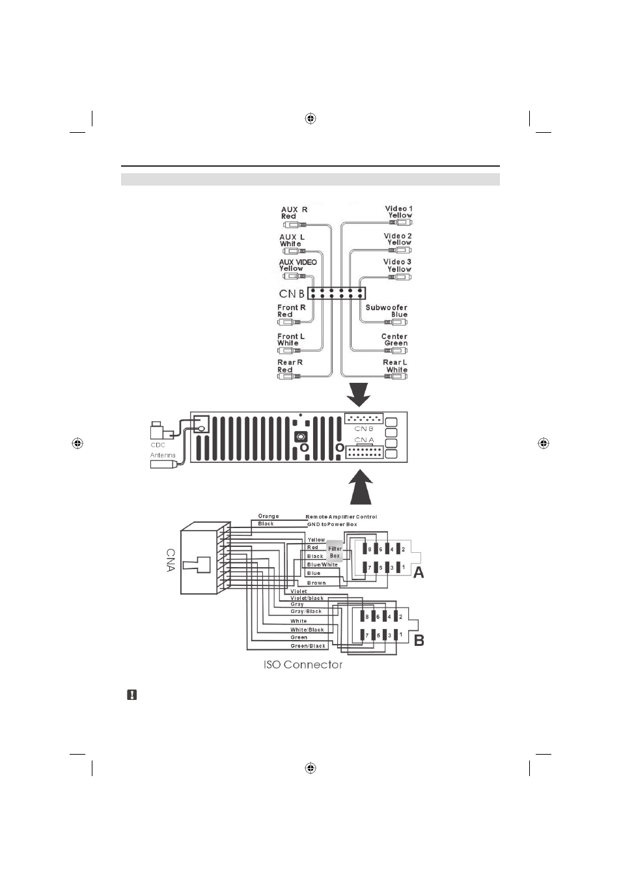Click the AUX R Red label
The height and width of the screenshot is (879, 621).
pyautogui.click(x=294, y=213)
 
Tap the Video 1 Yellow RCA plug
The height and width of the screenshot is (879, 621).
pyautogui.click(x=400, y=223)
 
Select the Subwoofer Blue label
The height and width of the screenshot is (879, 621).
pyautogui.click(x=387, y=311)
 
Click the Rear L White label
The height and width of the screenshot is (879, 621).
pyautogui.click(x=395, y=366)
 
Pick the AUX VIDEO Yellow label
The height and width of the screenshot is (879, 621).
pyautogui.click(x=297, y=265)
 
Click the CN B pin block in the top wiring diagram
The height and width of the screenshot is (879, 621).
pyautogui.click(x=337, y=293)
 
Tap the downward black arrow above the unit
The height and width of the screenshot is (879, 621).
pyautogui.click(x=359, y=395)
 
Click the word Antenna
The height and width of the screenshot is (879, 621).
pyautogui.click(x=163, y=455)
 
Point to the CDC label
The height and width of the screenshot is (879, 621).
pyautogui.click(x=158, y=445)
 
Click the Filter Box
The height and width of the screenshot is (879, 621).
pyautogui.click(x=335, y=552)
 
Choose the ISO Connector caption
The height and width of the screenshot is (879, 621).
pyautogui.click(x=303, y=664)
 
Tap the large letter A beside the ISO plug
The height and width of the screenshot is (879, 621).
pyautogui.click(x=419, y=573)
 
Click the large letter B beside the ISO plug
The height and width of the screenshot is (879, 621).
pyautogui.click(x=419, y=641)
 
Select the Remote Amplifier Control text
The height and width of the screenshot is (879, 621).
pyautogui.click(x=341, y=517)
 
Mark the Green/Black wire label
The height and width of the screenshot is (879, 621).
pyautogui.click(x=308, y=646)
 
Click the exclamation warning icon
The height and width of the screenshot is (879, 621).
pyautogui.click(x=132, y=695)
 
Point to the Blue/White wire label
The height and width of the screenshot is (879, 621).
pyautogui.click(x=322, y=565)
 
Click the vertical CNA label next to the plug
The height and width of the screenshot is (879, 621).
pyautogui.click(x=171, y=560)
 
